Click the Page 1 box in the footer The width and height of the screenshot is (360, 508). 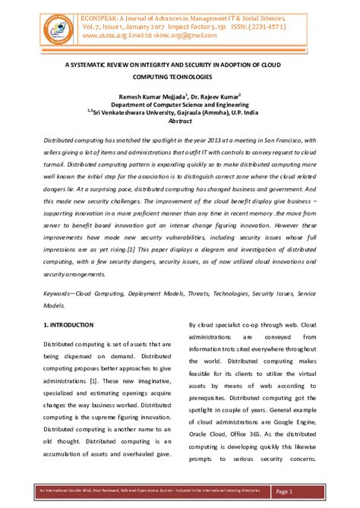pyautogui.click(x=305, y=492)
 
